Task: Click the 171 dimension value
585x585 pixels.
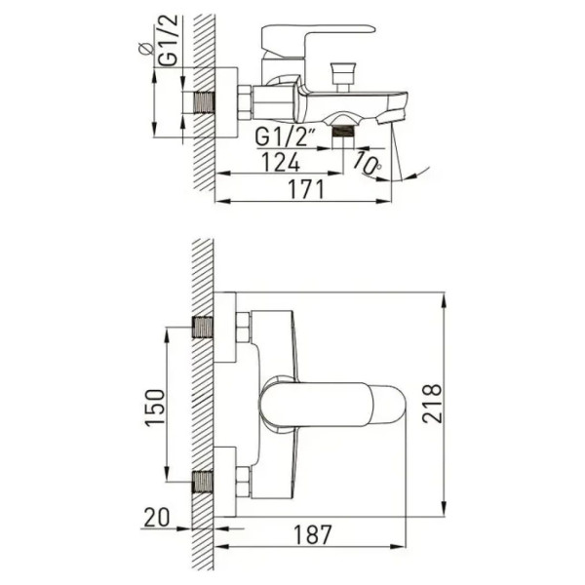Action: point(306,189)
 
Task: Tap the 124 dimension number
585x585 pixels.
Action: point(281,162)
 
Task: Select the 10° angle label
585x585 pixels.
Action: point(368,164)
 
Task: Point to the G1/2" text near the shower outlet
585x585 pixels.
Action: point(284,136)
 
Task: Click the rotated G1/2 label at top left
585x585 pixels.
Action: point(167,41)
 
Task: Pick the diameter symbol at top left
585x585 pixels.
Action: point(145,49)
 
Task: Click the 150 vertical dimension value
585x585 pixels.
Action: point(155,408)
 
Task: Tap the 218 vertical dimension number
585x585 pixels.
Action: point(432,403)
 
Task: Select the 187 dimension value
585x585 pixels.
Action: point(313,534)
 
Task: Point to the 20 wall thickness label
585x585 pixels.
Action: point(157,518)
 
